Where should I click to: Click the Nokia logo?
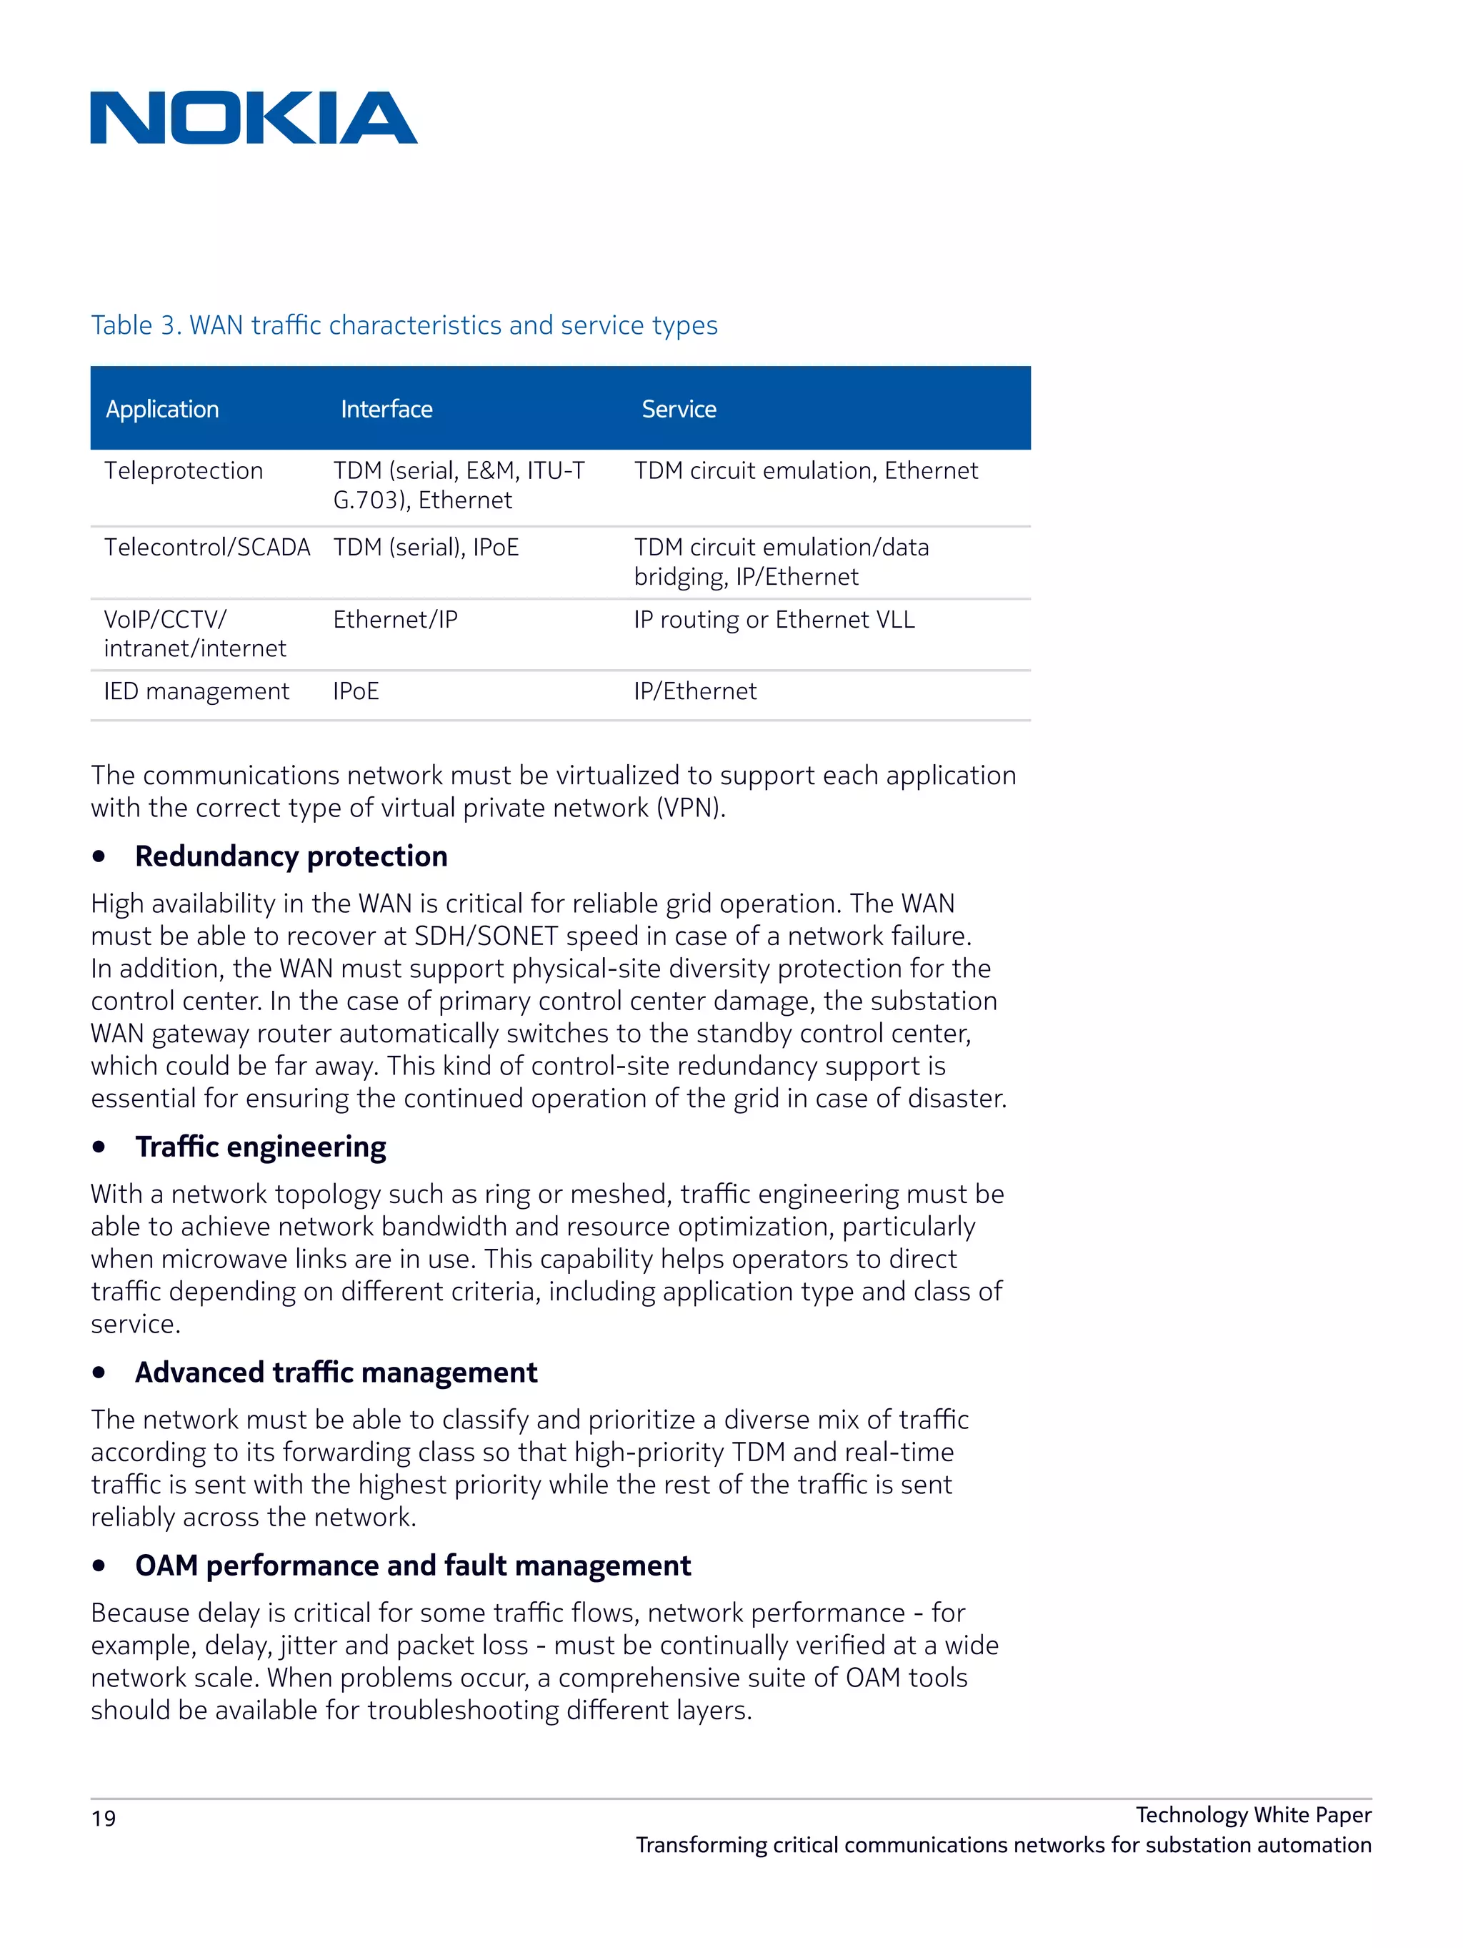coord(254,118)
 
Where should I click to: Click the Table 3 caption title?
coord(404,325)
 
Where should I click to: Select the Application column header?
coord(162,409)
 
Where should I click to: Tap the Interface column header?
coord(386,409)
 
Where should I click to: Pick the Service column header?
coord(679,409)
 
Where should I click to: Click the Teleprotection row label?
coord(183,470)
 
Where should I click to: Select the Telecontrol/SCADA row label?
coord(207,547)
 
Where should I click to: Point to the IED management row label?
coord(196,691)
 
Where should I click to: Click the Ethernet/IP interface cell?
coord(395,619)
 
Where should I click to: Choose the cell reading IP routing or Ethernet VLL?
coord(774,619)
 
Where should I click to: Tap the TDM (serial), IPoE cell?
coord(426,547)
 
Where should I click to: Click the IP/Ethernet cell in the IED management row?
coord(694,691)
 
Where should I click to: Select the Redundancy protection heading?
coord(291,856)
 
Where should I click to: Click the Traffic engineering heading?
coord(261,1147)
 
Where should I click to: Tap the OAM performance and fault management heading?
coord(413,1565)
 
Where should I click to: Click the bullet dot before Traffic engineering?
coord(99,1147)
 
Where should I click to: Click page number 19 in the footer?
coord(103,1819)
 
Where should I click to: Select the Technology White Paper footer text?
coord(1252,1814)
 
